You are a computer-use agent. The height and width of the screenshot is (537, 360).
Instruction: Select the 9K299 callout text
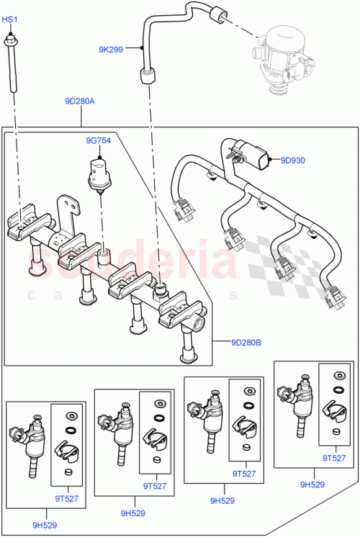pos(111,50)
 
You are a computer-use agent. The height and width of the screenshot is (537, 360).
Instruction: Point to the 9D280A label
pos(79,101)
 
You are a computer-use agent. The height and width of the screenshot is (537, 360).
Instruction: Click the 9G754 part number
pos(98,141)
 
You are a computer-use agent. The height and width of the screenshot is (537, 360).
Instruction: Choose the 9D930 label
pos(294,160)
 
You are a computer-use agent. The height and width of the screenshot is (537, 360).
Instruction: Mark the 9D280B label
pos(247,343)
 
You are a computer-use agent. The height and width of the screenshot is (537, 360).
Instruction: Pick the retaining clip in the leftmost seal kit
pos(71,452)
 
